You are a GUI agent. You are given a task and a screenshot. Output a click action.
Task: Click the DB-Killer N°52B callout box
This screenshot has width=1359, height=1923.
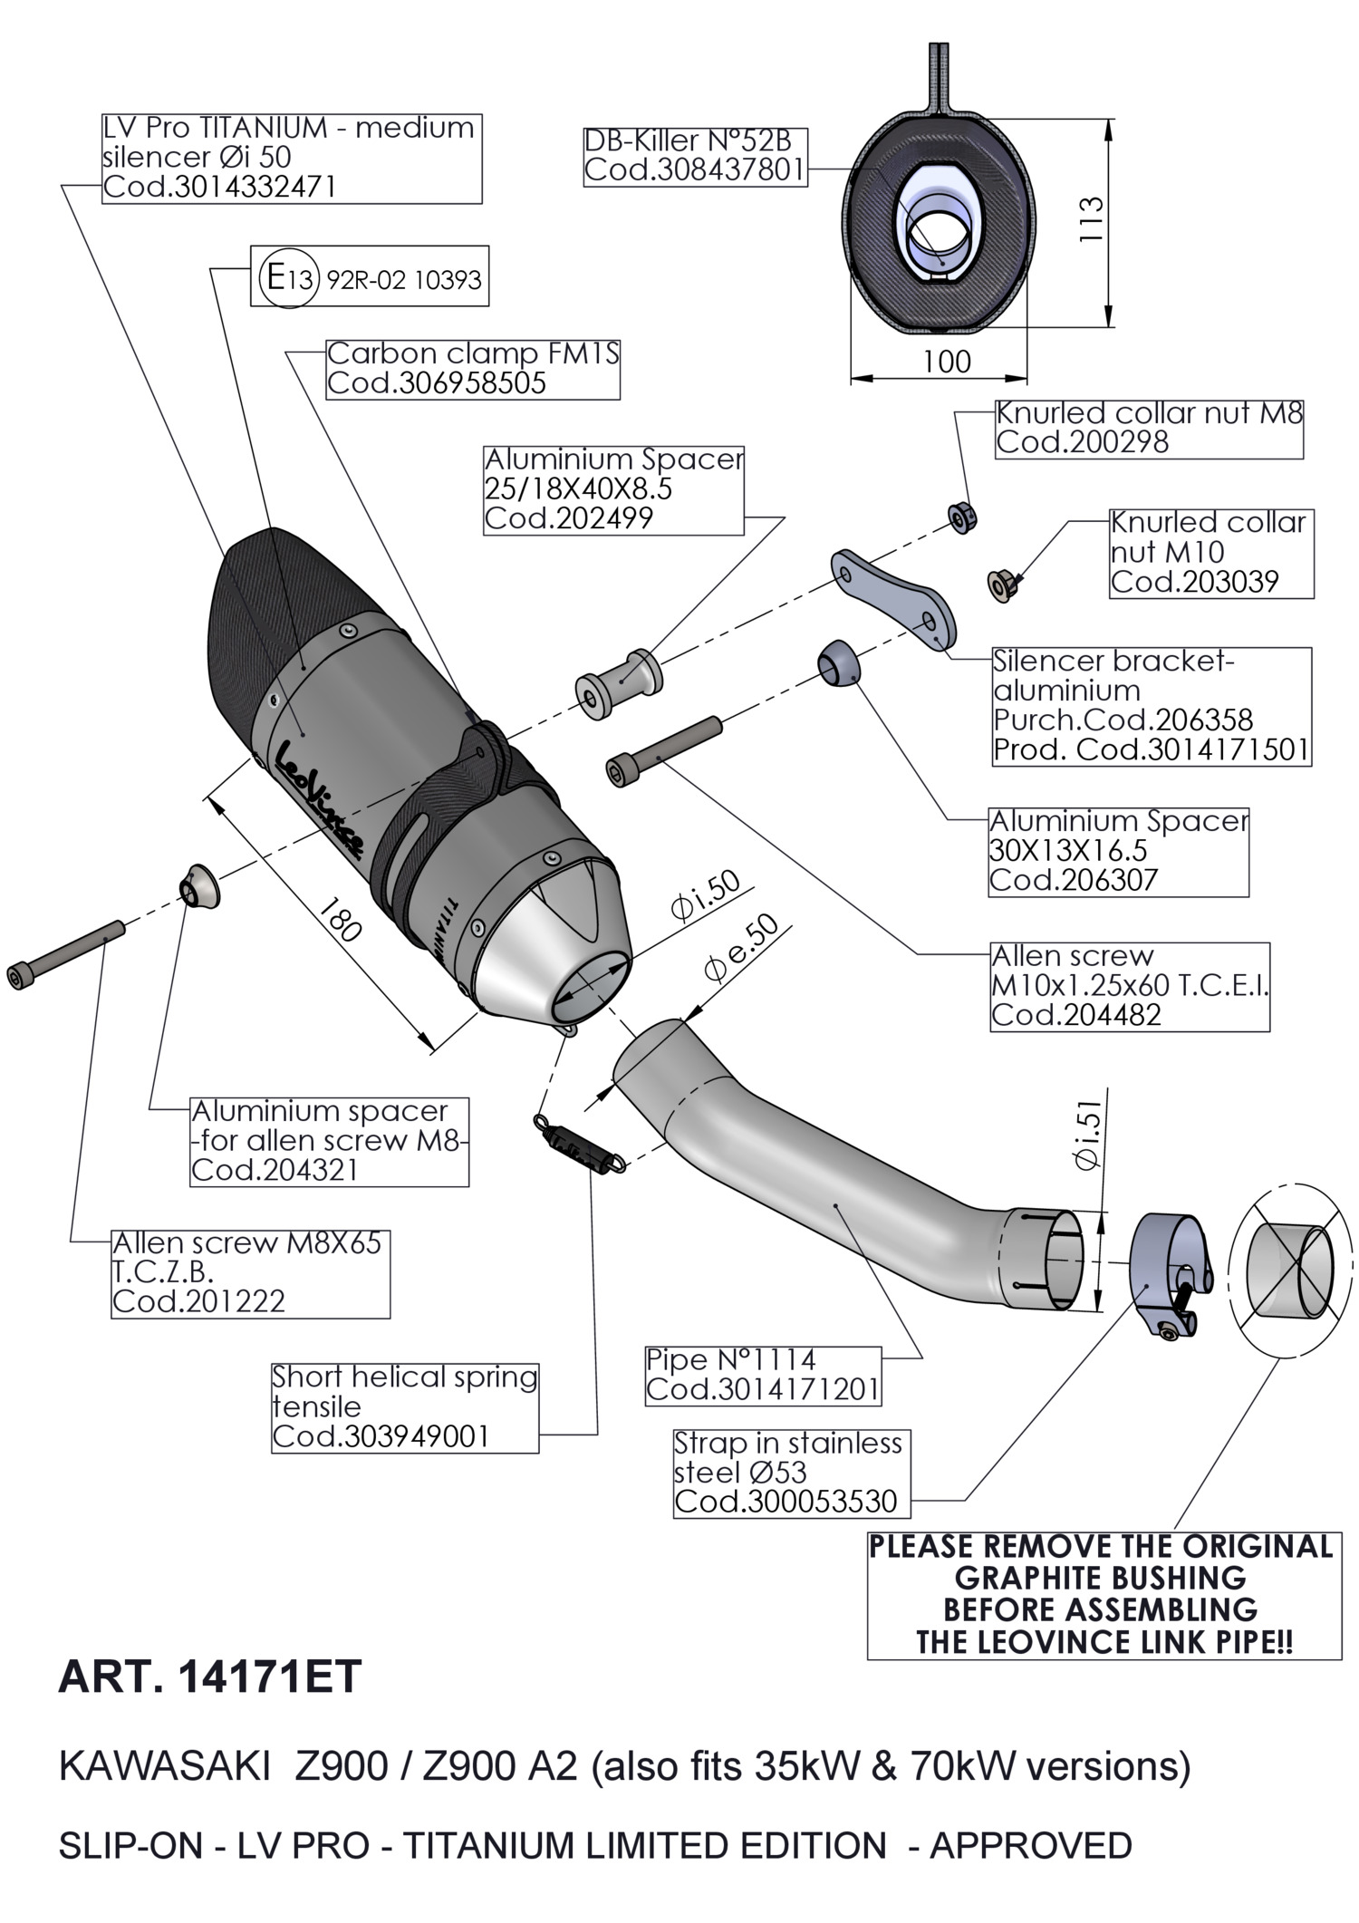[x=695, y=156]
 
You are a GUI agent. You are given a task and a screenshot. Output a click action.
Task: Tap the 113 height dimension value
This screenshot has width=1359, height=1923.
[x=1092, y=218]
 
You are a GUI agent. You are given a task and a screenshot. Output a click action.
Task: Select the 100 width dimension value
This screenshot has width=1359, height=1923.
[x=946, y=362]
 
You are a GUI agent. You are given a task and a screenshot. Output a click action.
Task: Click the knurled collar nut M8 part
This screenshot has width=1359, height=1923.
[x=962, y=517]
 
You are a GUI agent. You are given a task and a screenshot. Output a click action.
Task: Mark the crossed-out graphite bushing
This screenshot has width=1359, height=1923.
[x=1290, y=1269]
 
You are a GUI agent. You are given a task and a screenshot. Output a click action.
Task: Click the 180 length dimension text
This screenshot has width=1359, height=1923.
[x=345, y=917]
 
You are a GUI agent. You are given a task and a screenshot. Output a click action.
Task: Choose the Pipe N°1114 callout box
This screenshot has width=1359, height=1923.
[x=762, y=1375]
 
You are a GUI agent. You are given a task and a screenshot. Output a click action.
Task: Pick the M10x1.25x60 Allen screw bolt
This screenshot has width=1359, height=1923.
[x=664, y=747]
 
